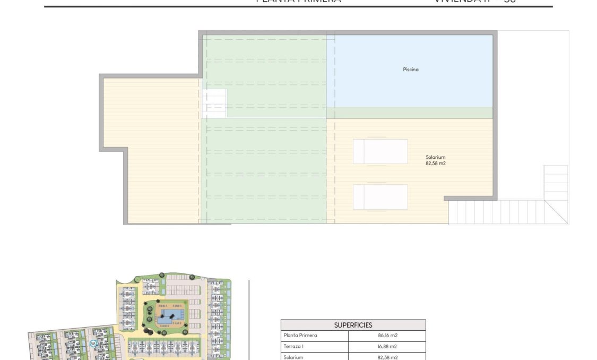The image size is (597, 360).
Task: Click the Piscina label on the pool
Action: (410, 69)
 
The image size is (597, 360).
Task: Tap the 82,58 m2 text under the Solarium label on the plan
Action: (435, 164)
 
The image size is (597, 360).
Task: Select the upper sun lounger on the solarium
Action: (380, 151)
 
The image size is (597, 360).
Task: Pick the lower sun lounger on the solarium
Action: (380, 197)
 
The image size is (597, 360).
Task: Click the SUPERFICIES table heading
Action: (353, 325)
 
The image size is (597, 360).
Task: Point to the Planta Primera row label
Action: (300, 336)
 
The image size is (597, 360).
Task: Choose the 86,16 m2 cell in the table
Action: (387, 336)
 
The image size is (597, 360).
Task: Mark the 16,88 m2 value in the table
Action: (387, 347)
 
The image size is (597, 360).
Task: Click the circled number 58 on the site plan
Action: (93, 344)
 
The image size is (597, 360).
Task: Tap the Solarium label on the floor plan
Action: (435, 157)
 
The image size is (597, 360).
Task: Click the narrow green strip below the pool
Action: (409, 113)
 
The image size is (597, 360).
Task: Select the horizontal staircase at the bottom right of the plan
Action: (499, 212)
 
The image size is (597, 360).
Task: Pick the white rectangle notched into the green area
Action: (214, 103)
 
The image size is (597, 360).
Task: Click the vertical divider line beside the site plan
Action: (249, 319)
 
